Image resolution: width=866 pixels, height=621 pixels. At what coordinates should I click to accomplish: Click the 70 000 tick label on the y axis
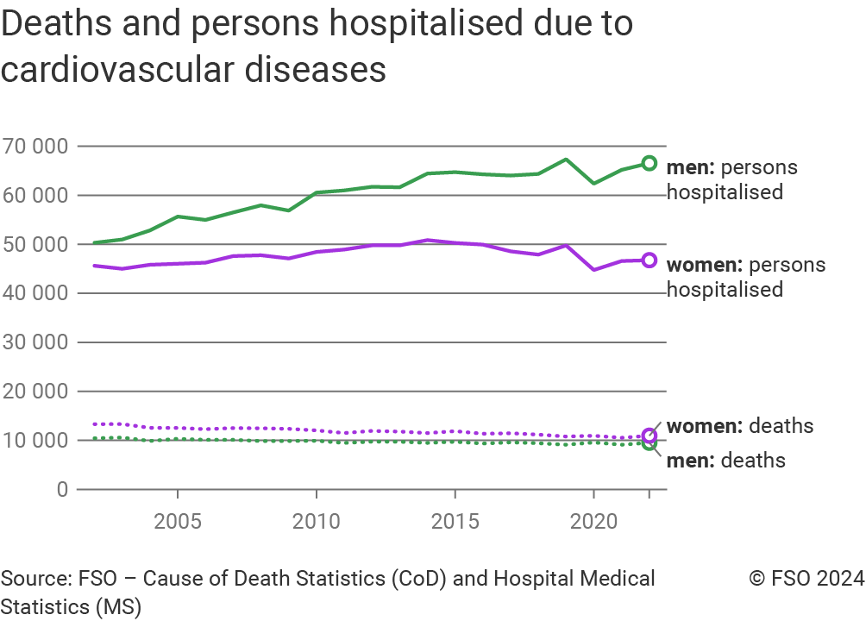click(35, 147)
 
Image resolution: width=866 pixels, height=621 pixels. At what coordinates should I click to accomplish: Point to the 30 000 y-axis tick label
click(35, 342)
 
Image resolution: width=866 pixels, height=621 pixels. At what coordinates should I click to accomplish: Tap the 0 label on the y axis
click(61, 489)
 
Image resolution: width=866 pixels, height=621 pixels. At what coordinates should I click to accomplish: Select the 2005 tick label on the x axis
click(177, 522)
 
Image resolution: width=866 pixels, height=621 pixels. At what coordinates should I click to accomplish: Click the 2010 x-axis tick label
click(316, 522)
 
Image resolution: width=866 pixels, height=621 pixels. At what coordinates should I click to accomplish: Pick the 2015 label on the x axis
click(455, 522)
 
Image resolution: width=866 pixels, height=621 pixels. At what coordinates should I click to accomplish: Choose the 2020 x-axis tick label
click(593, 522)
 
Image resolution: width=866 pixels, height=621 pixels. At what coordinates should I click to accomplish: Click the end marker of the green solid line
click(649, 163)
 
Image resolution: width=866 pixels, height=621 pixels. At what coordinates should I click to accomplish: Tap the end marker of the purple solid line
click(649, 260)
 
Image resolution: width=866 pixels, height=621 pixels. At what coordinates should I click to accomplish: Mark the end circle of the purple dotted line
click(649, 436)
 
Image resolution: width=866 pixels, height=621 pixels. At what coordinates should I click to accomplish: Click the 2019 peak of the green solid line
click(566, 160)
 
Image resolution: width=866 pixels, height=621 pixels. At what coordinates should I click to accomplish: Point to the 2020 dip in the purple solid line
click(593, 269)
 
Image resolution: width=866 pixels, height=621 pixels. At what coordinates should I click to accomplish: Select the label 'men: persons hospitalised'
click(731, 179)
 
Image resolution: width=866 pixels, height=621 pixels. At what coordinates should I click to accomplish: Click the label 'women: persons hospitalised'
click(745, 277)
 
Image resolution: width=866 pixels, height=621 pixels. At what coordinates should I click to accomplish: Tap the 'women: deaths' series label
click(739, 426)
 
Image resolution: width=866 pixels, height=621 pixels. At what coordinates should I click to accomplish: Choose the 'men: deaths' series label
click(725, 461)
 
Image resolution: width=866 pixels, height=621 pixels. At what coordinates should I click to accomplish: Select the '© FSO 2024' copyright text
click(806, 579)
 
